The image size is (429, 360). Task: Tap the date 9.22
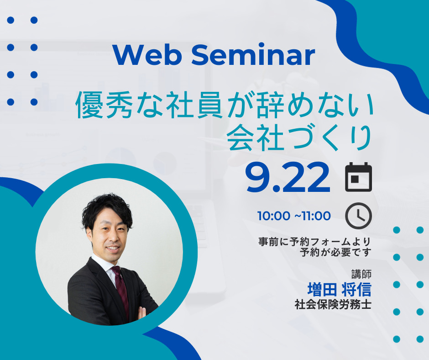288,178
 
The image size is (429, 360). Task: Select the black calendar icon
358,177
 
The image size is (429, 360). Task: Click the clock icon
358,216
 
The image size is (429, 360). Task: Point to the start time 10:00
273,216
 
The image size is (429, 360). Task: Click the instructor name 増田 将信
339,290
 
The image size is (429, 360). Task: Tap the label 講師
361,274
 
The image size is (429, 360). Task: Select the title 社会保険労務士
333,304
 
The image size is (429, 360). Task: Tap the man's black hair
107,210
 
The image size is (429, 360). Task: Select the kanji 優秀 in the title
104,106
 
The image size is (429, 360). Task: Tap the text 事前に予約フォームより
314,242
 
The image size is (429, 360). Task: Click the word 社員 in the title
194,106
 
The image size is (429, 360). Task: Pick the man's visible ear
89,234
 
